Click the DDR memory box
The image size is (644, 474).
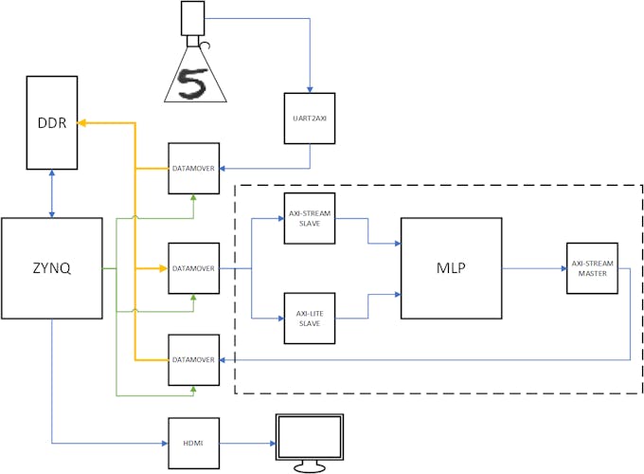(x=52, y=122)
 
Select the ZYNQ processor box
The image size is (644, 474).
(x=52, y=267)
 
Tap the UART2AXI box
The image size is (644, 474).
(x=310, y=118)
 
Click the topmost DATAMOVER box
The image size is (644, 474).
(x=194, y=169)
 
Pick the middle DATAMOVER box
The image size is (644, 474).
(x=194, y=268)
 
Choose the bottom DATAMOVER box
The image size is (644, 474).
(x=194, y=359)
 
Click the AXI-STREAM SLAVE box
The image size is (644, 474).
(x=310, y=218)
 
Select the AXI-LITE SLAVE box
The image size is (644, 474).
(x=310, y=318)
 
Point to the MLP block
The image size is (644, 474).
(x=452, y=267)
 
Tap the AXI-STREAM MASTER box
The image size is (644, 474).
(x=593, y=268)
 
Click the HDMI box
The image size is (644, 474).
(x=194, y=442)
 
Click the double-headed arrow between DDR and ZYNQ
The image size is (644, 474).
(x=52, y=194)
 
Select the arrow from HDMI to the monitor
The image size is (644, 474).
(x=246, y=442)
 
